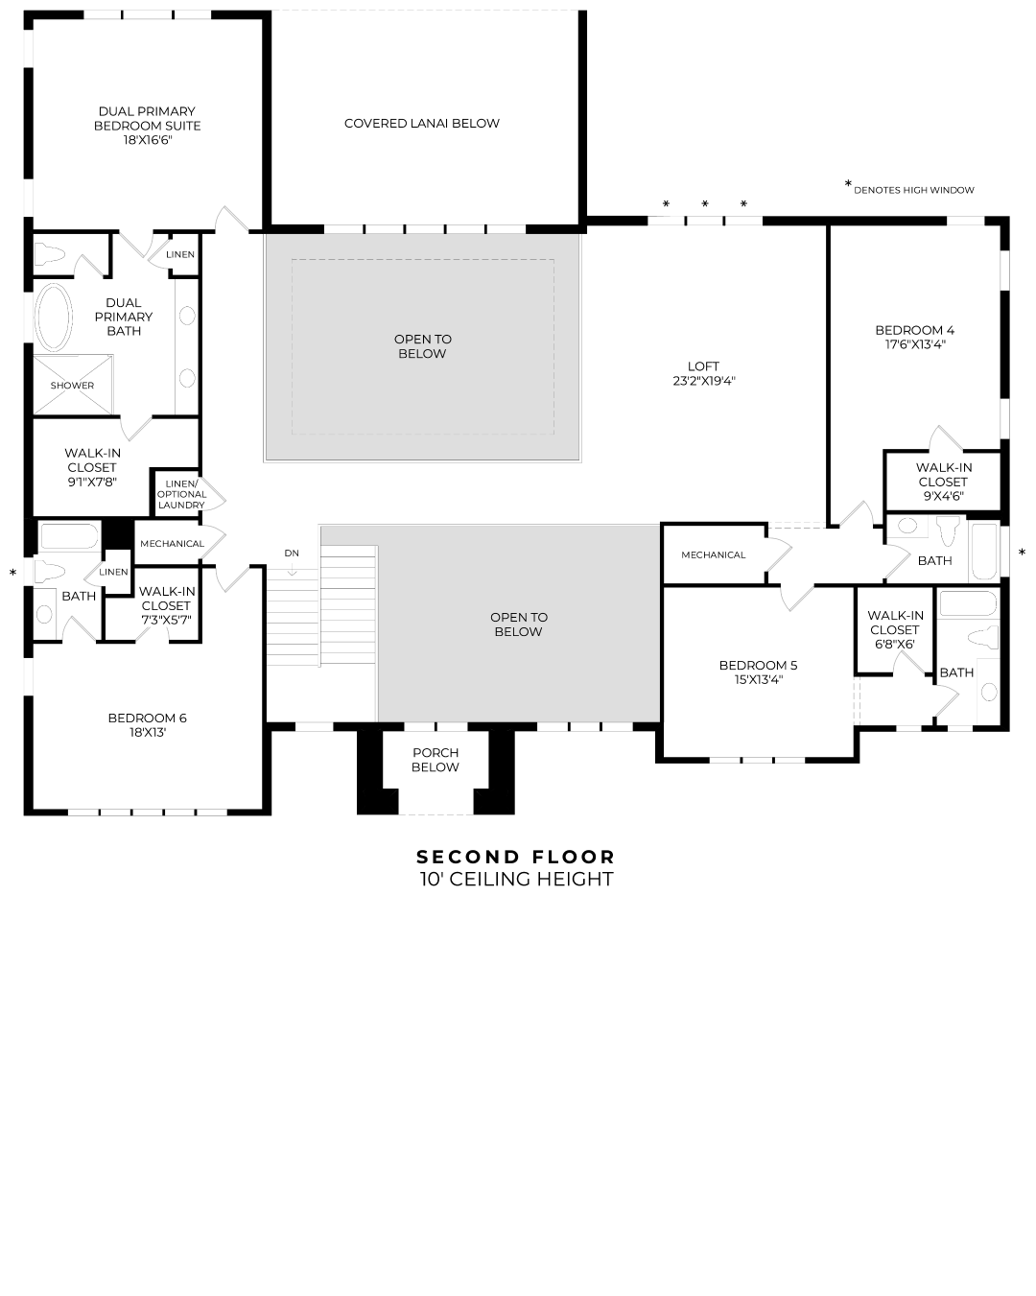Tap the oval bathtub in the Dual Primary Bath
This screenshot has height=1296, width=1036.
coord(54,317)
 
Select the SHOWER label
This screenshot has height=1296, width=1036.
coord(73,386)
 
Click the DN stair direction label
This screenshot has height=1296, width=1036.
coord(292,554)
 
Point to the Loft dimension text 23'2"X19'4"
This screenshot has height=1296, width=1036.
coord(703,381)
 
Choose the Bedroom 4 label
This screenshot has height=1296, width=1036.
coord(914,330)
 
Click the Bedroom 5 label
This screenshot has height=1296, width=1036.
coord(758,666)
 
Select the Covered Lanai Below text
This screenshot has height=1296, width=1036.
coord(422,123)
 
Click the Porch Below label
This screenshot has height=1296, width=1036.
coord(436,760)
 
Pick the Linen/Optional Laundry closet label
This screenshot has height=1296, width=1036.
coord(181,494)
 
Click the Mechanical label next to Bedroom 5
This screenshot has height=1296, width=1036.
coord(713,555)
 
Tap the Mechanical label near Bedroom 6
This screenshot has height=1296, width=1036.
coord(172,544)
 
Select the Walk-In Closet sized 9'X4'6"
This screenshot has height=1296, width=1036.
coord(943,482)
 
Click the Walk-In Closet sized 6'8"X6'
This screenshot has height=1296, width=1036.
coord(895,629)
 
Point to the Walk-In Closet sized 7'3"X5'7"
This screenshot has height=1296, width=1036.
coord(166,605)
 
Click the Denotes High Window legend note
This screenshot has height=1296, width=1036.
coord(912,190)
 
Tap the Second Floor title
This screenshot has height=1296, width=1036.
coord(516,857)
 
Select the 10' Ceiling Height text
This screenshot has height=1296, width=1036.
coord(516,880)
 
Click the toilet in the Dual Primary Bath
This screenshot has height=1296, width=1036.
coord(50,254)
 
